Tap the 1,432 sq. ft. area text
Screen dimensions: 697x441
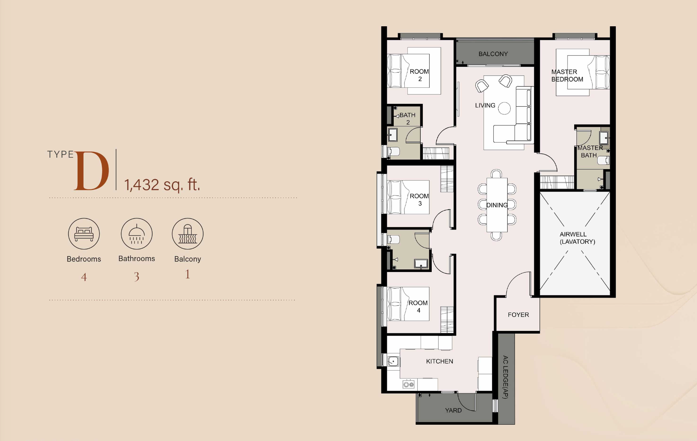(162, 185)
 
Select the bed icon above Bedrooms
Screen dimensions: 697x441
(84, 234)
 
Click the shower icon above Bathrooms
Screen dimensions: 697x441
(136, 234)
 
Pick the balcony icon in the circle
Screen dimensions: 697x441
(188, 234)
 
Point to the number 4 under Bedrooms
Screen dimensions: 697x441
(84, 277)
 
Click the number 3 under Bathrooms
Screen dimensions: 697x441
(136, 277)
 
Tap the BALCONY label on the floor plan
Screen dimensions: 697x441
(493, 54)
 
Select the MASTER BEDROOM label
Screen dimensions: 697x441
(567, 75)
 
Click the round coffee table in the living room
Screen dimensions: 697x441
(504, 108)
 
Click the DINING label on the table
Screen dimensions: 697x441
(497, 205)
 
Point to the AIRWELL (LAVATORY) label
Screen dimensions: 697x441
(577, 238)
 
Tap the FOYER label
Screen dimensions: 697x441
(518, 315)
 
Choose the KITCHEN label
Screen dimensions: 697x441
(439, 361)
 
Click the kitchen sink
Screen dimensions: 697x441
(393, 361)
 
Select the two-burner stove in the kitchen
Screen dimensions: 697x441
(409, 384)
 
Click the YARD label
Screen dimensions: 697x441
(453, 410)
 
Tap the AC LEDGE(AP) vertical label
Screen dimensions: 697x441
(505, 377)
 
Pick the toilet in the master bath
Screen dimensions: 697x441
(603, 161)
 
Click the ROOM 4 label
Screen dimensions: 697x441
(418, 306)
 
